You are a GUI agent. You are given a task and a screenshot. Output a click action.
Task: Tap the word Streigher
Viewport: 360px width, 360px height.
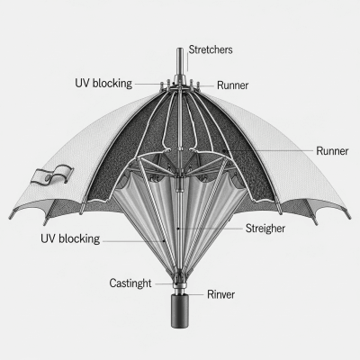pos(266,228)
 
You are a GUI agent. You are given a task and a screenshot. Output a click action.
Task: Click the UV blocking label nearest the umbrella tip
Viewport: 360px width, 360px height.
pos(103,83)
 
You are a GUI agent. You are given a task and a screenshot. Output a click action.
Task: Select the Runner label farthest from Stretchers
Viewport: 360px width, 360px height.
pos(333,150)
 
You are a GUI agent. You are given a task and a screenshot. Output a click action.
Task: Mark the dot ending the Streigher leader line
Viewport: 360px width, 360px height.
pos(180,229)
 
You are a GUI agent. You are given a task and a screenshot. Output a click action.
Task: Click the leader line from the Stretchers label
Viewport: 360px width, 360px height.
pos(185,59)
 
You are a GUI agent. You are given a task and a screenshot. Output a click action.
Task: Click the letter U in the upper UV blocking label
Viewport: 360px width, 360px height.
pos(77,83)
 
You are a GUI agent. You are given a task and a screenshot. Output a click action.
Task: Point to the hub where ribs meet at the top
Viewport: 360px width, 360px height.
pos(180,90)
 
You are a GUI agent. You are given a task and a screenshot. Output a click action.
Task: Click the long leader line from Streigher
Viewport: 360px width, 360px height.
pos(211,229)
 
